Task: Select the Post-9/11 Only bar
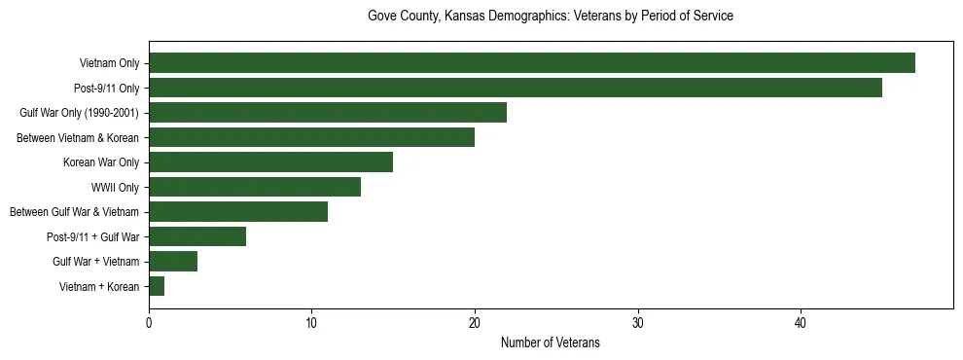[516, 88]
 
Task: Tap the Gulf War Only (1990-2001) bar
[328, 113]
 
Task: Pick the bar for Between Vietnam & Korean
[311, 137]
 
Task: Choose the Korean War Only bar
[270, 162]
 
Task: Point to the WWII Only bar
[255, 187]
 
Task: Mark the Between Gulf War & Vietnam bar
[238, 212]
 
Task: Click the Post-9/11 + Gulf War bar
[197, 236]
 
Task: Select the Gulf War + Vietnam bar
[173, 262]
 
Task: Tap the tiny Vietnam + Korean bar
[157, 286]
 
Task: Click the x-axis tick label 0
[149, 323]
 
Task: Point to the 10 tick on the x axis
[311, 323]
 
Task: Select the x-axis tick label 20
[475, 323]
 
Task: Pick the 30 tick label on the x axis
[637, 323]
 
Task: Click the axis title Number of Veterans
[550, 342]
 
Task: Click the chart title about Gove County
[550, 17]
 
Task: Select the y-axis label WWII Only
[115, 187]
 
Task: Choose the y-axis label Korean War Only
[101, 162]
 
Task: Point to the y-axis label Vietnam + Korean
[99, 286]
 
